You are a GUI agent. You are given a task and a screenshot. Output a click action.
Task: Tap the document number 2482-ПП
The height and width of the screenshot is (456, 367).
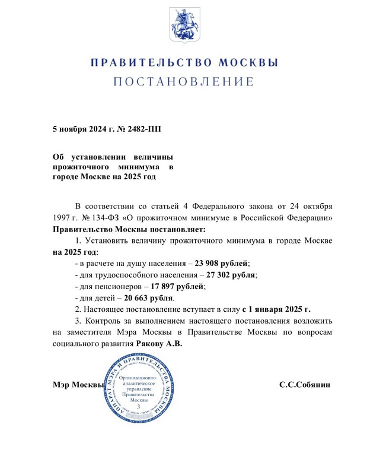(x=139, y=128)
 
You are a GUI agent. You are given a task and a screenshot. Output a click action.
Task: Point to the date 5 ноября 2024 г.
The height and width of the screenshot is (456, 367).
(x=81, y=128)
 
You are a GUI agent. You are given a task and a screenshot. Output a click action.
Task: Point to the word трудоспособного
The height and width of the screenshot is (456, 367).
(x=129, y=275)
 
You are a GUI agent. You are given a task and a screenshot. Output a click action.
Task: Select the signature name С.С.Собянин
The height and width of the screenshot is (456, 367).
(x=304, y=385)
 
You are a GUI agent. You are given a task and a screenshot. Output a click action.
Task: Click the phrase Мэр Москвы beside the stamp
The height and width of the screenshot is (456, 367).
(x=78, y=385)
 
